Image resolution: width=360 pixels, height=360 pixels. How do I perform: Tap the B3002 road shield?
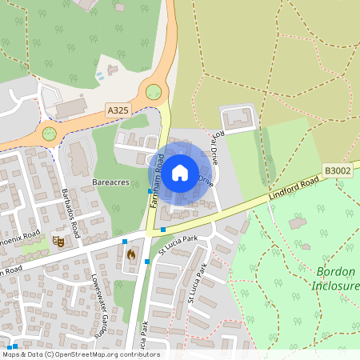(336, 170)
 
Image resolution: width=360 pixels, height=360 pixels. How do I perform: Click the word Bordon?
(335, 272)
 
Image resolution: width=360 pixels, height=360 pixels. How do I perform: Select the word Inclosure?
(335, 286)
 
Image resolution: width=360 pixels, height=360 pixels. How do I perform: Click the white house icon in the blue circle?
(180, 171)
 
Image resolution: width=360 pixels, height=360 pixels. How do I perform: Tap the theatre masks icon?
(58, 240)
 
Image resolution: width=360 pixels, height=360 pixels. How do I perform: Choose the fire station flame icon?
(131, 254)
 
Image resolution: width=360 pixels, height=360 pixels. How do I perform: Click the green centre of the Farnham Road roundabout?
(153, 92)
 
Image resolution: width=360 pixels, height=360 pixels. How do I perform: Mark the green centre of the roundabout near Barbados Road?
(50, 133)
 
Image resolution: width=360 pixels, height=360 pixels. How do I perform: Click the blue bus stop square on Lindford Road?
(163, 230)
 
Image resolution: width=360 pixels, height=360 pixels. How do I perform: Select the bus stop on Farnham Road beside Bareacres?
(150, 190)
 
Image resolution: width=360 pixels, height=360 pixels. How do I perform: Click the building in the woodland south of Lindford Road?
(298, 223)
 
